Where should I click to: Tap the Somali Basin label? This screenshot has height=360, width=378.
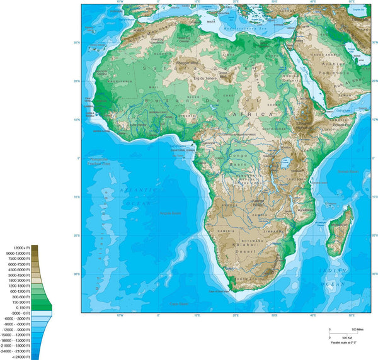click(348, 171)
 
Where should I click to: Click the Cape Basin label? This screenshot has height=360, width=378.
click(180, 304)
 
